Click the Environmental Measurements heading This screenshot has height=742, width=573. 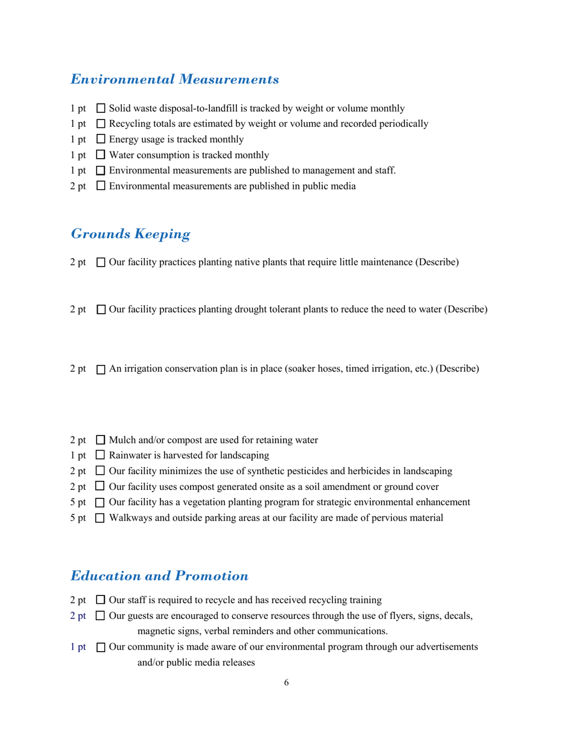coord(175,79)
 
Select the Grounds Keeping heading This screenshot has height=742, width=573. coord(130,233)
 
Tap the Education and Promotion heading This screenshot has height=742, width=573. coord(159,576)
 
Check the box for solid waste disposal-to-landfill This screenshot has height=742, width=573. coord(101,109)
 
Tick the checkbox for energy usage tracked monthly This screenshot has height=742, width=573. coord(101,139)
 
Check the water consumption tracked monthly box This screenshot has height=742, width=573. coord(101,155)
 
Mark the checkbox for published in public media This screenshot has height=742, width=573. coord(101,186)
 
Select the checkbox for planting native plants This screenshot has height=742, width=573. coord(101,262)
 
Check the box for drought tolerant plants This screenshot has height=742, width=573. coord(101,309)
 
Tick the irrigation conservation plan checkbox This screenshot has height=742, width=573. coord(101,369)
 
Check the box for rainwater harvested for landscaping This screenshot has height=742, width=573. coord(101,455)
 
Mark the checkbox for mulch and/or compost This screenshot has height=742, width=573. coord(101,440)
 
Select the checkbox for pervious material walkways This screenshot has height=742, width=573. coord(101,518)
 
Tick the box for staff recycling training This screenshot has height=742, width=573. coord(101,600)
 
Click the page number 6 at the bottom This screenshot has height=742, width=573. coord(286,683)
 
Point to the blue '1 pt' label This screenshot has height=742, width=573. coord(78,647)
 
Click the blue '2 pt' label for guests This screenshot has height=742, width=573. coord(78,616)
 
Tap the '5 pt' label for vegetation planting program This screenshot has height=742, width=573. coord(78,502)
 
